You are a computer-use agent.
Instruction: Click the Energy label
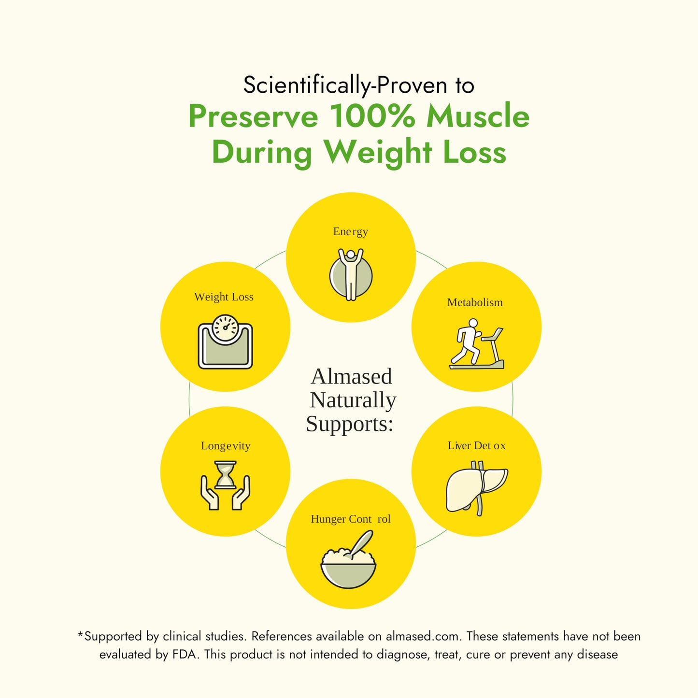tap(350, 232)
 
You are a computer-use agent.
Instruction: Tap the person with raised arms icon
tap(351, 274)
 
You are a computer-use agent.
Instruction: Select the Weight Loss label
tap(224, 297)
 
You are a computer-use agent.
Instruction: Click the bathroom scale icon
tap(225, 342)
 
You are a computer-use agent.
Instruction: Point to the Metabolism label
tap(475, 302)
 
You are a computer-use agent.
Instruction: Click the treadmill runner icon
tap(477, 344)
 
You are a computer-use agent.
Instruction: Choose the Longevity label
tap(226, 446)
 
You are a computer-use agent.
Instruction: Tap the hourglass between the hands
tap(225, 475)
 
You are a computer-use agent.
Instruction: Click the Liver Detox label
tap(477, 445)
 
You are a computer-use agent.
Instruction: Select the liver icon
tap(477, 488)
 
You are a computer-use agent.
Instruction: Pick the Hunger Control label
tap(351, 519)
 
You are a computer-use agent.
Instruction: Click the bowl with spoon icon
tap(348, 559)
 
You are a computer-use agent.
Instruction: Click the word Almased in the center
tap(351, 376)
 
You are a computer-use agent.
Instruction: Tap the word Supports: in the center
tap(350, 424)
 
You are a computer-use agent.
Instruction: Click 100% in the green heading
tap(372, 116)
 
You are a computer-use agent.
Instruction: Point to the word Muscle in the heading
tap(478, 116)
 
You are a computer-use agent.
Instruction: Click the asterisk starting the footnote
tap(80, 634)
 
